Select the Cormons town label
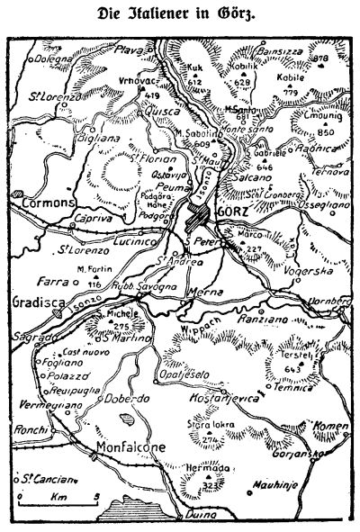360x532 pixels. (x=45, y=203)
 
